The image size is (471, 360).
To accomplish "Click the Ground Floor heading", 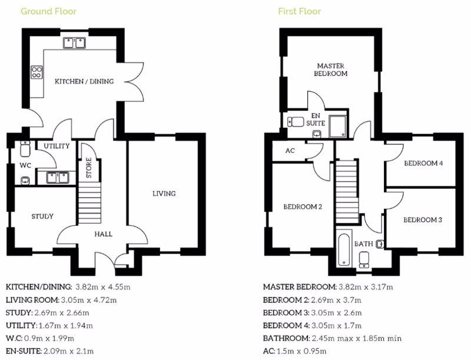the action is pos(48,11).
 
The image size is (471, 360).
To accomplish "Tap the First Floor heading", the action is pos(300,11).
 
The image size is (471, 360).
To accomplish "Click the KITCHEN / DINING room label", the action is pos(84,81).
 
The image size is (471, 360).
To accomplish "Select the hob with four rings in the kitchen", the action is pos(37,72).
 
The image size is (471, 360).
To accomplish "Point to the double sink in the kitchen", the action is pos(74,43).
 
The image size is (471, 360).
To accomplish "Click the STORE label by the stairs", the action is pos(89,168).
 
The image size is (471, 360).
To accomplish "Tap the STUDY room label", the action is pos(42,216).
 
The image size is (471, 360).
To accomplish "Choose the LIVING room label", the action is pos(164,194).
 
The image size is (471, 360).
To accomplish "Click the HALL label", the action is pos(104,234).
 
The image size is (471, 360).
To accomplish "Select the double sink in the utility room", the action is pos(58,178).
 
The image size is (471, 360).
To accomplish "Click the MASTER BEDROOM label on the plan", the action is pos(330,69).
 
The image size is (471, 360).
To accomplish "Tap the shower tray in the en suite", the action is pos(337,126).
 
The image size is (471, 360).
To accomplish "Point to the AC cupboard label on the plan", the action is pos(290,151).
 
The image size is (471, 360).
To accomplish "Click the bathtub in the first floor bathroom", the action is pos(344,248).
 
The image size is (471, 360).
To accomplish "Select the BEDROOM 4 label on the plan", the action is pos(423,164).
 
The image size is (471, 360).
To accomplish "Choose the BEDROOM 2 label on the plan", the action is pos(303,206).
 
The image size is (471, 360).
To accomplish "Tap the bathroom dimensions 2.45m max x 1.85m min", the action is pos(357,338).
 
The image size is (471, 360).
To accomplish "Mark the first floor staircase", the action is pos(347,191).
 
